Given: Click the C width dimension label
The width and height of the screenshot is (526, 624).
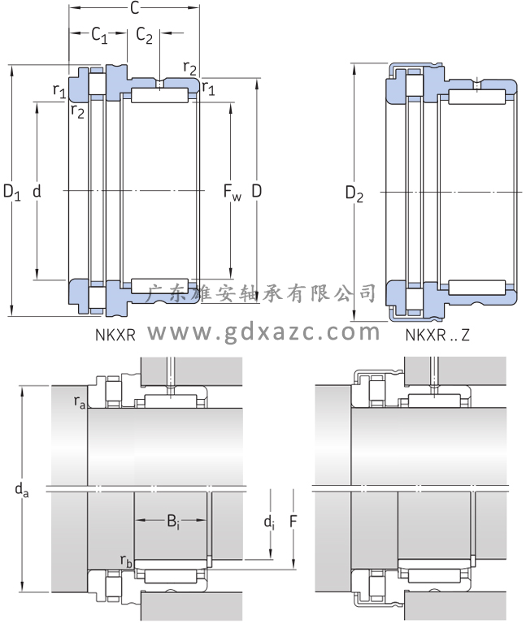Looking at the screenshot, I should click(x=134, y=9).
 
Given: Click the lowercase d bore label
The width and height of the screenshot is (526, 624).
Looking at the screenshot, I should click(x=37, y=192).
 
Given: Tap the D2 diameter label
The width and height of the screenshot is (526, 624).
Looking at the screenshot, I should click(x=354, y=193).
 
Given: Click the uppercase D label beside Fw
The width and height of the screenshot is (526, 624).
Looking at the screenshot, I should click(x=256, y=192).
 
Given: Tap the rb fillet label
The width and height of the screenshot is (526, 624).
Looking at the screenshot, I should click(x=126, y=560).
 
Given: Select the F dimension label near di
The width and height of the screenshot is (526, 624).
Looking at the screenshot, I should click(x=293, y=522).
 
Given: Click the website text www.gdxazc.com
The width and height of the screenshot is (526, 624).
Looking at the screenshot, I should click(x=263, y=331).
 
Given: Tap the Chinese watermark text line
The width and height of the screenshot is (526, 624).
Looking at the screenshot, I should click(x=260, y=292).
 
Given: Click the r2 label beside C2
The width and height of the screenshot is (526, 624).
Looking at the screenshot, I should click(x=189, y=67).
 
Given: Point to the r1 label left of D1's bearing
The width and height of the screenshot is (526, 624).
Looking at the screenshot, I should click(x=59, y=92).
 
